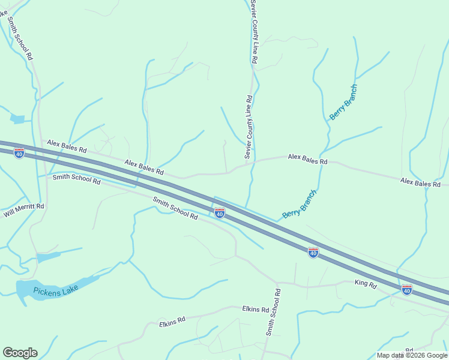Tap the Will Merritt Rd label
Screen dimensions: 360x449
click(24, 209)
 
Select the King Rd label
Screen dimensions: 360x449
click(365, 283)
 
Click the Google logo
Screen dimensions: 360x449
click(20, 353)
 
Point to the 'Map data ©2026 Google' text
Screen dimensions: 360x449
click(411, 355)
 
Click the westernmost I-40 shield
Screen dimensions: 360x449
click(19, 154)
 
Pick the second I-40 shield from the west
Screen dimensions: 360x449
click(220, 213)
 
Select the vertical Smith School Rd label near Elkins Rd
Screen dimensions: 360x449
click(274, 312)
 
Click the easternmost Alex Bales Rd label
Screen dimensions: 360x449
click(424, 181)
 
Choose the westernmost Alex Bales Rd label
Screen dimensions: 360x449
click(67, 145)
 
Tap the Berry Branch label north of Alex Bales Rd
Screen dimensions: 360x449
click(343, 103)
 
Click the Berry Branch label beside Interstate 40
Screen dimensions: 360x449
click(299, 205)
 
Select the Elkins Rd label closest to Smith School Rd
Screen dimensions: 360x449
click(255, 309)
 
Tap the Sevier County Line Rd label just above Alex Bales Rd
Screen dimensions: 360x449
click(248, 127)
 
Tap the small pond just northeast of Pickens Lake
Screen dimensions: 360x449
click(47, 257)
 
